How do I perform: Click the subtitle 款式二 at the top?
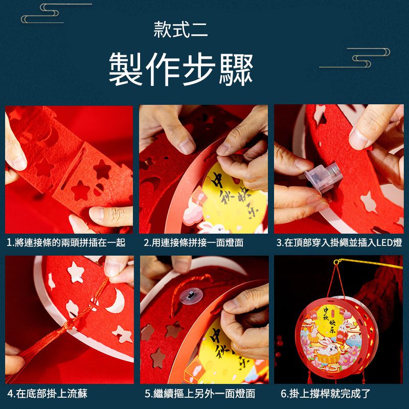[x=180, y=30]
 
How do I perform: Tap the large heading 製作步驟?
[x=181, y=69]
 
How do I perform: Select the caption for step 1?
[x=66, y=242]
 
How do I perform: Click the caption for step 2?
[x=194, y=242]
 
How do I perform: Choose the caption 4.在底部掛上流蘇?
[x=47, y=394]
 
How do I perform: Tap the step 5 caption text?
[x=200, y=394]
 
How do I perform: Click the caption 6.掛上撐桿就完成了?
[x=326, y=394]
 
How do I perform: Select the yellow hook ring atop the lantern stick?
[x=337, y=262]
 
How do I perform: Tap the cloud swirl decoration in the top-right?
[x=355, y=58]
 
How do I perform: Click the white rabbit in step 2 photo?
[x=213, y=228]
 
